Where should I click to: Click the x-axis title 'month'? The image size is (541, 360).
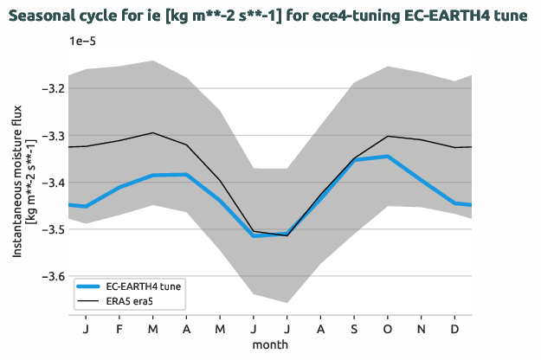(270, 344)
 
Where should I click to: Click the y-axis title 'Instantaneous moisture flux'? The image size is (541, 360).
(17, 183)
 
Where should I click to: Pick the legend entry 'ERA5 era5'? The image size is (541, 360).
(132, 301)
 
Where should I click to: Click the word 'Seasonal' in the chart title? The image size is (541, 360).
(41, 15)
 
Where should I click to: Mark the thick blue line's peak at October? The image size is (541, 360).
(388, 157)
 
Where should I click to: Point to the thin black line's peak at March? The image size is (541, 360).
(153, 132)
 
